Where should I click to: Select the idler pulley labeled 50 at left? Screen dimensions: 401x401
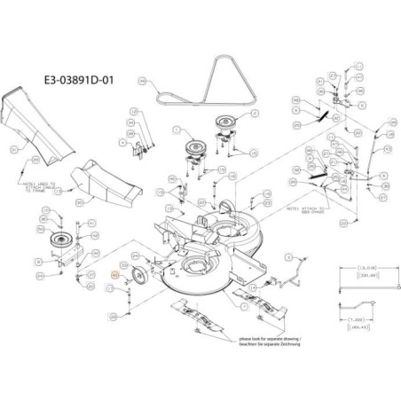[x=64, y=243]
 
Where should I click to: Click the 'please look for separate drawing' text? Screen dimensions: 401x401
[x=282, y=340]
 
